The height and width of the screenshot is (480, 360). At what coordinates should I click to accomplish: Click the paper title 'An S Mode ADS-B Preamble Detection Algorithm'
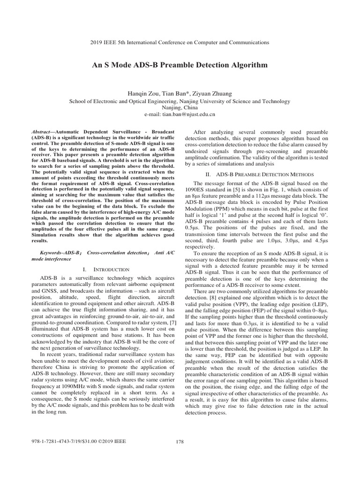click(x=180, y=65)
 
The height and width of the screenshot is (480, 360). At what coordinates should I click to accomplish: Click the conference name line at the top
click(x=180, y=42)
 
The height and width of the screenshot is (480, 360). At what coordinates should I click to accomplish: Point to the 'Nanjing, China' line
click(x=180, y=107)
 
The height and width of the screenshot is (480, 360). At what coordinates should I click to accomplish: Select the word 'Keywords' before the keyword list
click(x=52, y=253)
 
